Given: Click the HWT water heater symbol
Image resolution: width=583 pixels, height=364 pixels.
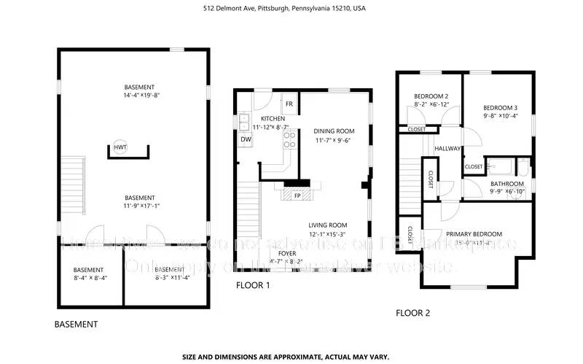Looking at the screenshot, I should point(120,148).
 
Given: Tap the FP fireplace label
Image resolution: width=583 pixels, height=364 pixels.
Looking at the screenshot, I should point(297,195).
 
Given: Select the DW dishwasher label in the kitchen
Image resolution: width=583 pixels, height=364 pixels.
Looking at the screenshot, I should point(246,139).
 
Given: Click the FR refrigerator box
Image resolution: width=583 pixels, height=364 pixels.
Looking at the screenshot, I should point(289,104).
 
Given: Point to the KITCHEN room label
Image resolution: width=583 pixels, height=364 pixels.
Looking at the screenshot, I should point(273,119).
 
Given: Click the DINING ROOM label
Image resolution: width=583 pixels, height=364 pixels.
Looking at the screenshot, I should point(334,131).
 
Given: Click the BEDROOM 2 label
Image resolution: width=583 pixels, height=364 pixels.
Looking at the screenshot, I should point(431,96).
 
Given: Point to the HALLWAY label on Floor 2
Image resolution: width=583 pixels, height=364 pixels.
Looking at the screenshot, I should point(447,149).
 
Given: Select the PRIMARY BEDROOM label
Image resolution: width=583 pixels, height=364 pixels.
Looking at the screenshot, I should point(474,234).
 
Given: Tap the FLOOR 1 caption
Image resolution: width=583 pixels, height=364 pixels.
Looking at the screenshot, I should point(253,285).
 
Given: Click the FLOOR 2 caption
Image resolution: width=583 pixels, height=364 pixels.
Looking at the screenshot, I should point(412,313).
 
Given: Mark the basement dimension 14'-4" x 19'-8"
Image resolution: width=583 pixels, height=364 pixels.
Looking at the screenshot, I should point(139,96).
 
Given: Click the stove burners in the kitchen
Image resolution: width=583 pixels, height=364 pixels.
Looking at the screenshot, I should point(289,139).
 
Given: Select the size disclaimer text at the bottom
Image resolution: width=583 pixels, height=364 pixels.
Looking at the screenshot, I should point(286,357).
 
